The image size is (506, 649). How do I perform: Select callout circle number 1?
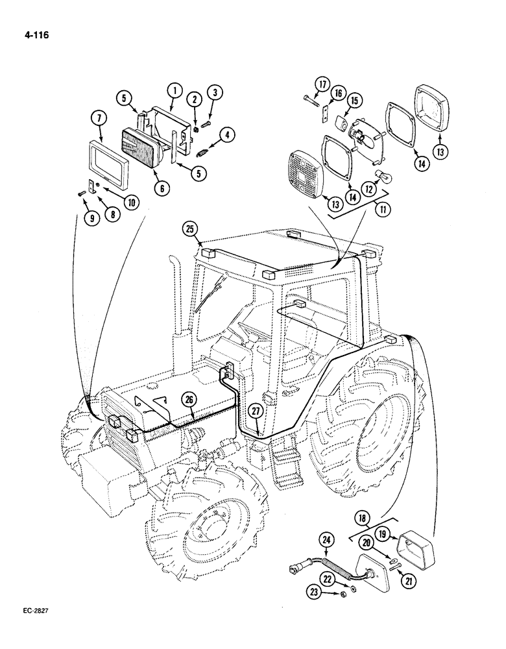pyautogui.click(x=174, y=90)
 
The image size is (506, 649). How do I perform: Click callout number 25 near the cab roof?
pyautogui.click(x=189, y=228)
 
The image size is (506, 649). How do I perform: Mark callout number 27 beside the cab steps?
pyautogui.click(x=256, y=410)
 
